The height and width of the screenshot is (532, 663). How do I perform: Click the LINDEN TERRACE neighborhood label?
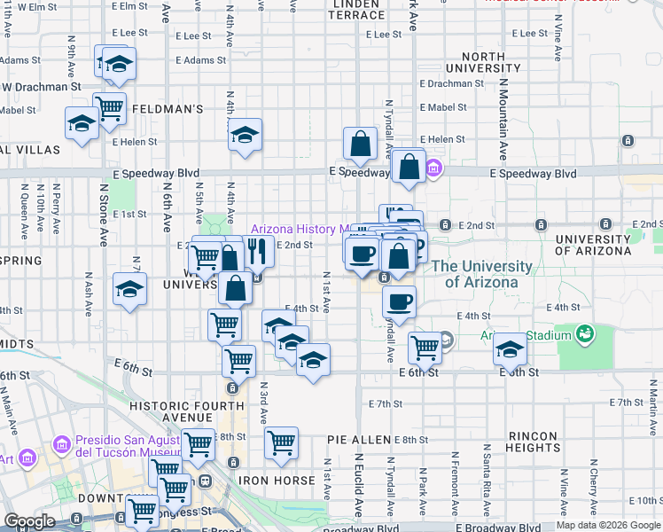pos(357,10)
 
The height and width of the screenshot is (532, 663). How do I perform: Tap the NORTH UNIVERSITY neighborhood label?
pos(476,62)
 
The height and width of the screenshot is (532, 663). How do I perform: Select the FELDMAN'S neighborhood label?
pos(168,108)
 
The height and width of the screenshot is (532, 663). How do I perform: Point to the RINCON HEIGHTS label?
pos(533,442)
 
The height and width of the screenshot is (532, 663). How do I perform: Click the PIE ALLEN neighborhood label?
pos(358,440)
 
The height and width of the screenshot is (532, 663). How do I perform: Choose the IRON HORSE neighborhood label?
pos(277,481)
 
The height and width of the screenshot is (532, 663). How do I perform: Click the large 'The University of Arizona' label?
pos(481,274)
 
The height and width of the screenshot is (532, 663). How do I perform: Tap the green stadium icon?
pos(584,334)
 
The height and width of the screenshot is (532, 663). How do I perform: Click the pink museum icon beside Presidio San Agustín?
pos(61,443)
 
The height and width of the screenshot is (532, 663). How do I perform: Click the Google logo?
pos(29,522)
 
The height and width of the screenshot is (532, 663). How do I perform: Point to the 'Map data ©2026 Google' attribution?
pos(608,525)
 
